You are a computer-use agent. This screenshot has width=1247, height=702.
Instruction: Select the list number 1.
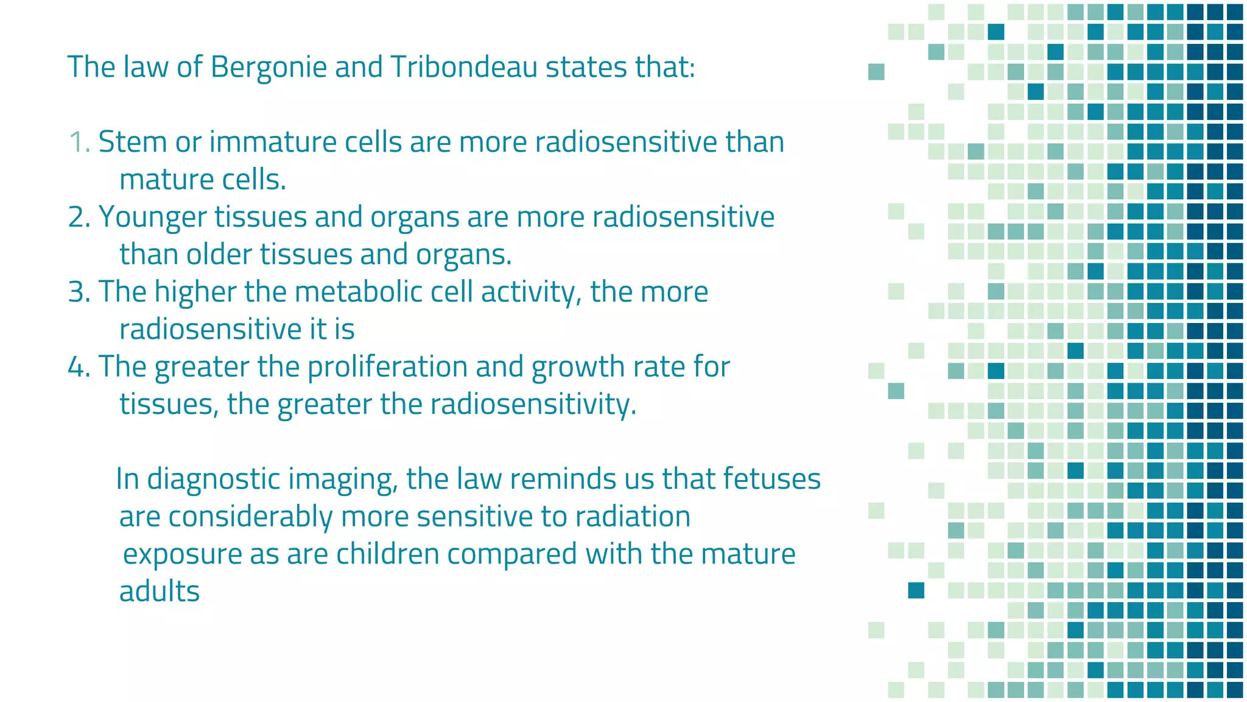click(78, 142)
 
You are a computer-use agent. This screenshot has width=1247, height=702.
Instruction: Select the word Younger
click(152, 217)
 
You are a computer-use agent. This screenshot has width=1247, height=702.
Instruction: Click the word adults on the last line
click(160, 592)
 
